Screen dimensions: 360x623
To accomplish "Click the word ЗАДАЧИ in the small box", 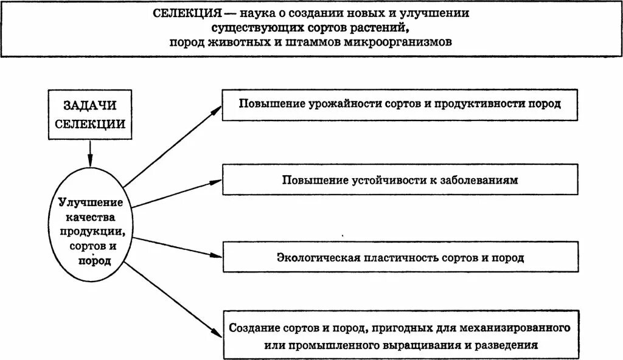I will click(x=89, y=106).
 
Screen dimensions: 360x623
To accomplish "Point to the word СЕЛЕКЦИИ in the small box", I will click(x=89, y=123).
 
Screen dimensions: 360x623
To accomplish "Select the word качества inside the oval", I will click(x=91, y=217).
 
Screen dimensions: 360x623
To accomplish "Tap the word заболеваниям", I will click(x=480, y=181).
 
